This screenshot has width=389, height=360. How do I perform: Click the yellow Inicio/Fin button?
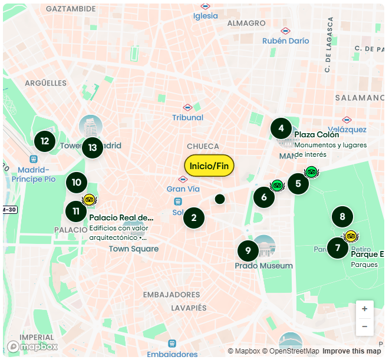209,166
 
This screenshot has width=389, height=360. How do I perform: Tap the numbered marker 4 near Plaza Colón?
281,128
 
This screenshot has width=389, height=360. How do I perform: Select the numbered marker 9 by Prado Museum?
248,251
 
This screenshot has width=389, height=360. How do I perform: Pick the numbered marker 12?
45,141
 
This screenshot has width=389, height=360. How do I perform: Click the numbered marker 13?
93,147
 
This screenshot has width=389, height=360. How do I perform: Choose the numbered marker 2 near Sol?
194,218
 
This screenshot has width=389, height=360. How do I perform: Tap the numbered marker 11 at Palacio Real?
76,212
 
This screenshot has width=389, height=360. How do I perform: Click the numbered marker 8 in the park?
342,217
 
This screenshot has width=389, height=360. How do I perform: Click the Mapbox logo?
32,346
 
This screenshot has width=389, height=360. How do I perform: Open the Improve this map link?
351,351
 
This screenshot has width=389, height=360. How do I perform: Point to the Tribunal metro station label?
187,117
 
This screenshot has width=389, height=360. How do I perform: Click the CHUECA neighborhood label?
203,146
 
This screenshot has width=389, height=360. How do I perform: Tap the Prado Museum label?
263,266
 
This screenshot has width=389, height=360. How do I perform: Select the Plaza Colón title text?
317,134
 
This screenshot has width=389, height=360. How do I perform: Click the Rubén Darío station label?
285,41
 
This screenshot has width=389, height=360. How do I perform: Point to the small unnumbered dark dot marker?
220,199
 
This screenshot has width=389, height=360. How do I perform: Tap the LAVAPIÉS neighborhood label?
189,308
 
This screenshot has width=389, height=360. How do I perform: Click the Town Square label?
134,249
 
